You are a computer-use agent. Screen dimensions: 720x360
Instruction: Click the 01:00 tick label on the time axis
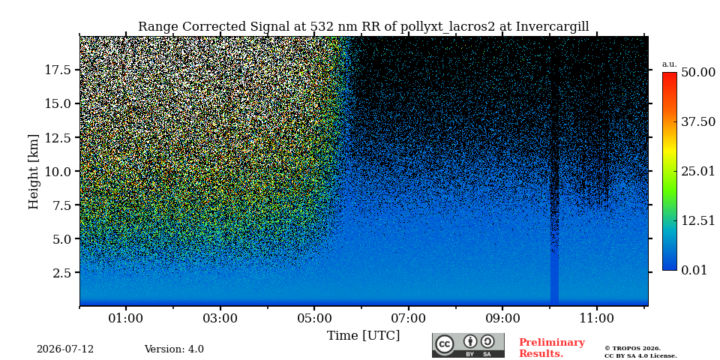click(126, 318)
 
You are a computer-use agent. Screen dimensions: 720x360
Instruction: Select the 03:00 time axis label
click(220, 318)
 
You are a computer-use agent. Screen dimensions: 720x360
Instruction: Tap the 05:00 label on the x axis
click(314, 318)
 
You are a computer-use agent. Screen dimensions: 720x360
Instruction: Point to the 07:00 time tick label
click(409, 318)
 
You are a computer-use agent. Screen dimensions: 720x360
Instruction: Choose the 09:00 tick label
click(502, 318)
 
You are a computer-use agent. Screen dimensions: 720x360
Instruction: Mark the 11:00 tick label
click(596, 318)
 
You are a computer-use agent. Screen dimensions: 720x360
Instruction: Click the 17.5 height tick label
click(58, 70)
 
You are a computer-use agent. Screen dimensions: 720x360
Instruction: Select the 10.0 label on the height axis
click(58, 171)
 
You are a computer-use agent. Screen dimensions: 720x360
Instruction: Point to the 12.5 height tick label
click(58, 137)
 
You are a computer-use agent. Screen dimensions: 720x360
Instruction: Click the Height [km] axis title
click(34, 172)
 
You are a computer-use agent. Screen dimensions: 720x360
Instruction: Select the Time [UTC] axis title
click(363, 336)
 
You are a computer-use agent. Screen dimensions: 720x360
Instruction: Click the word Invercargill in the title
click(553, 27)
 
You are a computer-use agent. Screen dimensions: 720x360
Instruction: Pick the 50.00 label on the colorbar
click(698, 73)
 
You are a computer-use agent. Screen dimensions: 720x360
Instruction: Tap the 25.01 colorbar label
click(698, 172)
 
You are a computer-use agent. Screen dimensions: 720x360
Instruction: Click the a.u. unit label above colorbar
click(670, 64)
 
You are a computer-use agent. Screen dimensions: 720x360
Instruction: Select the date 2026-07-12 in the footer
click(65, 349)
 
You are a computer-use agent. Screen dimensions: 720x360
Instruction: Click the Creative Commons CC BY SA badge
click(468, 345)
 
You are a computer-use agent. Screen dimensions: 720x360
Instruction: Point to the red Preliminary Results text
click(552, 348)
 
